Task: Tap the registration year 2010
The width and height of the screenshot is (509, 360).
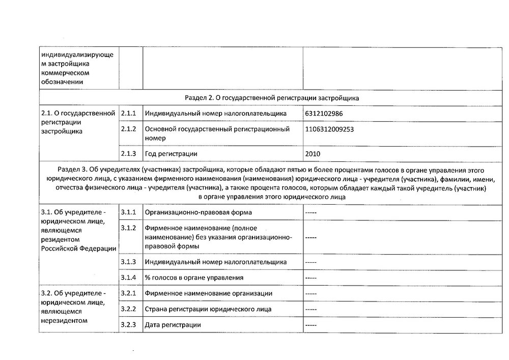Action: coord(313,153)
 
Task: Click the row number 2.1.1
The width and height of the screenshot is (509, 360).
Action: coord(129,113)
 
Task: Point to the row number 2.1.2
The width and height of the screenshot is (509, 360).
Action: coord(129,129)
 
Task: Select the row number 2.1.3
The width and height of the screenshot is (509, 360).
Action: coord(129,153)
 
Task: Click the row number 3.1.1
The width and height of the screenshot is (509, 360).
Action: coord(129,212)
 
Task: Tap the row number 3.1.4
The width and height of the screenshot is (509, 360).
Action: coord(129,278)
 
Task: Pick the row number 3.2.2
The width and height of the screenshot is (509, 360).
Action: coord(129,309)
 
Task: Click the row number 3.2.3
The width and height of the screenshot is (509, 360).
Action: coord(129,325)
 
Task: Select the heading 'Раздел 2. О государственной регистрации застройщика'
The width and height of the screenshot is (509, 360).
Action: coord(272,97)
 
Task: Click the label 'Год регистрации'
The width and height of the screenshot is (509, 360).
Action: coord(171,153)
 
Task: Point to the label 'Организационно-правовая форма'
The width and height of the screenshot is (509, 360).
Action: coord(198,212)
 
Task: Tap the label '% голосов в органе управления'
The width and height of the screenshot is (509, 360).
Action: coord(194,278)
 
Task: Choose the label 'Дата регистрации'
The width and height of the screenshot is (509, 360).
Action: coord(173,325)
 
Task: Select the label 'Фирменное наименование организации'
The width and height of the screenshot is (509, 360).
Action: coord(209,293)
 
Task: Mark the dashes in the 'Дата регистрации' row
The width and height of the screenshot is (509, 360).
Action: coord(311,325)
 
